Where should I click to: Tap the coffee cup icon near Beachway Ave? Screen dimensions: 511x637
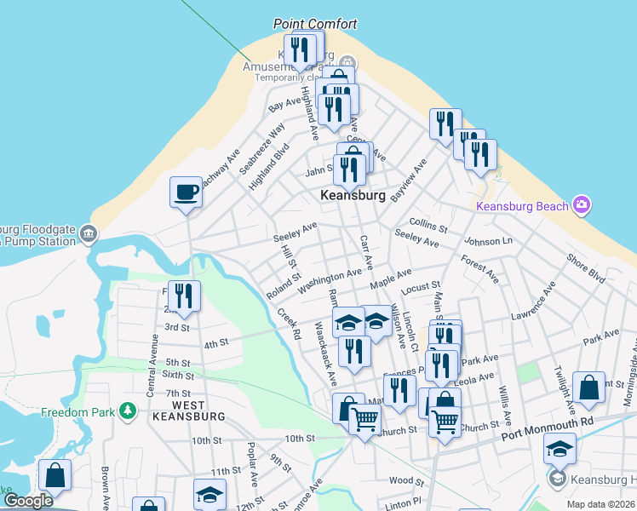tap(186, 192)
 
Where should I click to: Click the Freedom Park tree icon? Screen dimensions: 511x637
tap(128, 411)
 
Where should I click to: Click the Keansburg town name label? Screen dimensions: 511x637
tap(353, 195)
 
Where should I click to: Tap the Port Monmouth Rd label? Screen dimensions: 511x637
tap(547, 421)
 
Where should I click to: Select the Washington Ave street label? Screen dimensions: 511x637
tap(330, 281)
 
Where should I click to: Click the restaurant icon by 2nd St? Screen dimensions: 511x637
tap(184, 296)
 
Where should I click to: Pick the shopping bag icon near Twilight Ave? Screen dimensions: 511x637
tap(588, 388)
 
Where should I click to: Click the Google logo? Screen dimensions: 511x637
tap(28, 501)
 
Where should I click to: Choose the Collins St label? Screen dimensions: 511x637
tap(428, 225)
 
